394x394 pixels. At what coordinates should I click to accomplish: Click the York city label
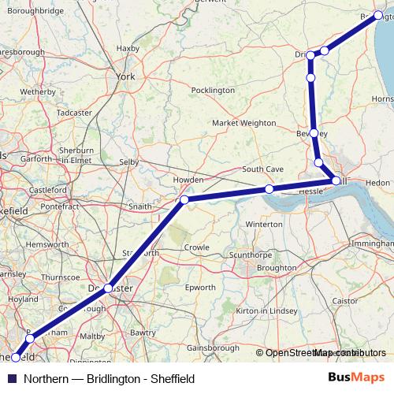click(126, 77)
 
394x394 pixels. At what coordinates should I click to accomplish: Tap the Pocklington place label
click(213, 91)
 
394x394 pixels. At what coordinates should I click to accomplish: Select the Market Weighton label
click(244, 123)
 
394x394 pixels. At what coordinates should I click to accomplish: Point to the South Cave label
click(262, 169)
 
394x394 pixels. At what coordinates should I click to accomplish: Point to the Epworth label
click(200, 288)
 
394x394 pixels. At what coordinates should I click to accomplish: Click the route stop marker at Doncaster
click(108, 288)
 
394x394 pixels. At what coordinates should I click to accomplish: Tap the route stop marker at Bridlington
click(378, 15)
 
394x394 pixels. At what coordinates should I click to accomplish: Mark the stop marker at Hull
click(336, 181)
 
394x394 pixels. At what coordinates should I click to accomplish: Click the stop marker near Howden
click(184, 200)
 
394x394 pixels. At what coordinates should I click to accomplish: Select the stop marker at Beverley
click(314, 133)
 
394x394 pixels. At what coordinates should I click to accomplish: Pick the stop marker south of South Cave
click(269, 189)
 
